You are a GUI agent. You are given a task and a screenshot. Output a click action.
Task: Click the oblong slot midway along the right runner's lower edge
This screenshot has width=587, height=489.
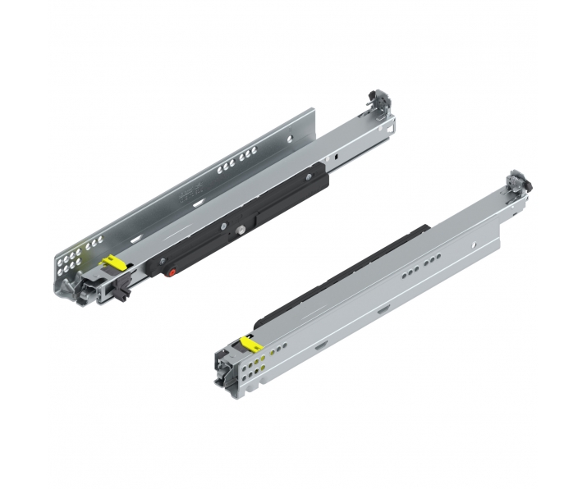pos(384,309)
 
